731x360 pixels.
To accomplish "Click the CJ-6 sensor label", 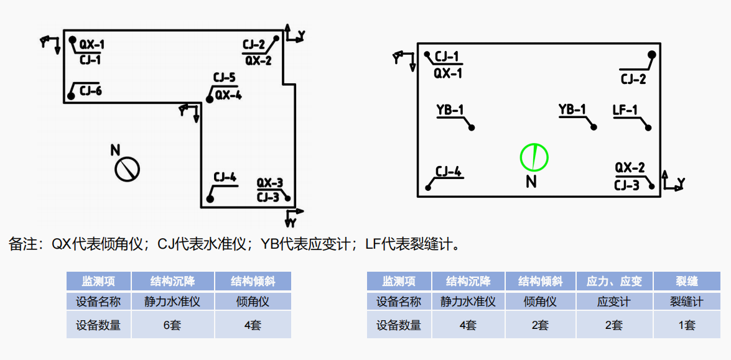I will tap(91, 91).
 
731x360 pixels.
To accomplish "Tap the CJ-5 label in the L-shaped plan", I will tap(224, 78).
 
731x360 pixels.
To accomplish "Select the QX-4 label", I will tap(228, 95).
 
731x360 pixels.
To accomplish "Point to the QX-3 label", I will tap(270, 183).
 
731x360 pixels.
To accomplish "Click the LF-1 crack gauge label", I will tap(625, 110).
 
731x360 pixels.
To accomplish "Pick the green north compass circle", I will tap(534, 157).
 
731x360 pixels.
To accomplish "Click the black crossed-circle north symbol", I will tap(127, 169).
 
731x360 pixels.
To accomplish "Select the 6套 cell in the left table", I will tap(172, 325).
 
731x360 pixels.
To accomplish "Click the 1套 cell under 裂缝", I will tap(686, 325).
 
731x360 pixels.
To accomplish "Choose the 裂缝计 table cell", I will tap(686, 302).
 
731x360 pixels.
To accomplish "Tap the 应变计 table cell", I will tap(613, 302).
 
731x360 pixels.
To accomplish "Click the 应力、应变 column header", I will tap(613, 281).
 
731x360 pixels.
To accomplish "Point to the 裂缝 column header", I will tap(686, 281).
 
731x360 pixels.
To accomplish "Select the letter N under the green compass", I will tap(531, 182).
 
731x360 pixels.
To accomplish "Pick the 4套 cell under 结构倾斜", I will tap(253, 325).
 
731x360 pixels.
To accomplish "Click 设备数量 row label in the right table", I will tap(398, 325).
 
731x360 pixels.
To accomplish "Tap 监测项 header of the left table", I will tap(98, 281).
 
